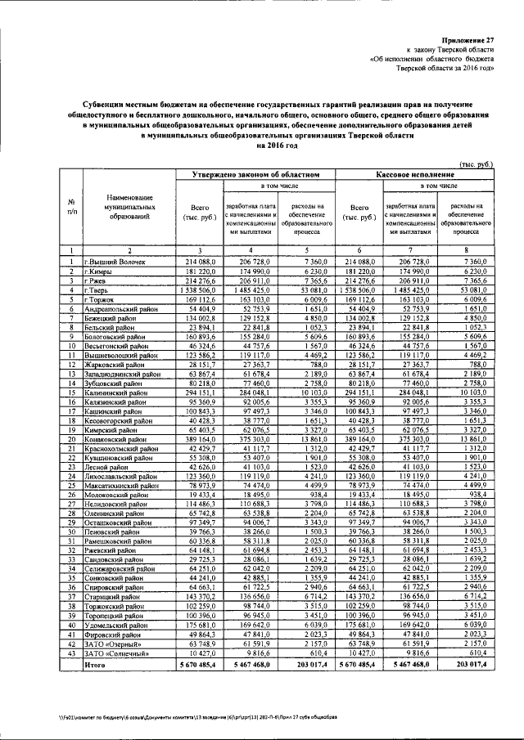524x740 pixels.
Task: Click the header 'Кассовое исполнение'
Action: [414, 174]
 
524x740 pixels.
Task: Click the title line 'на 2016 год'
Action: [261, 146]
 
